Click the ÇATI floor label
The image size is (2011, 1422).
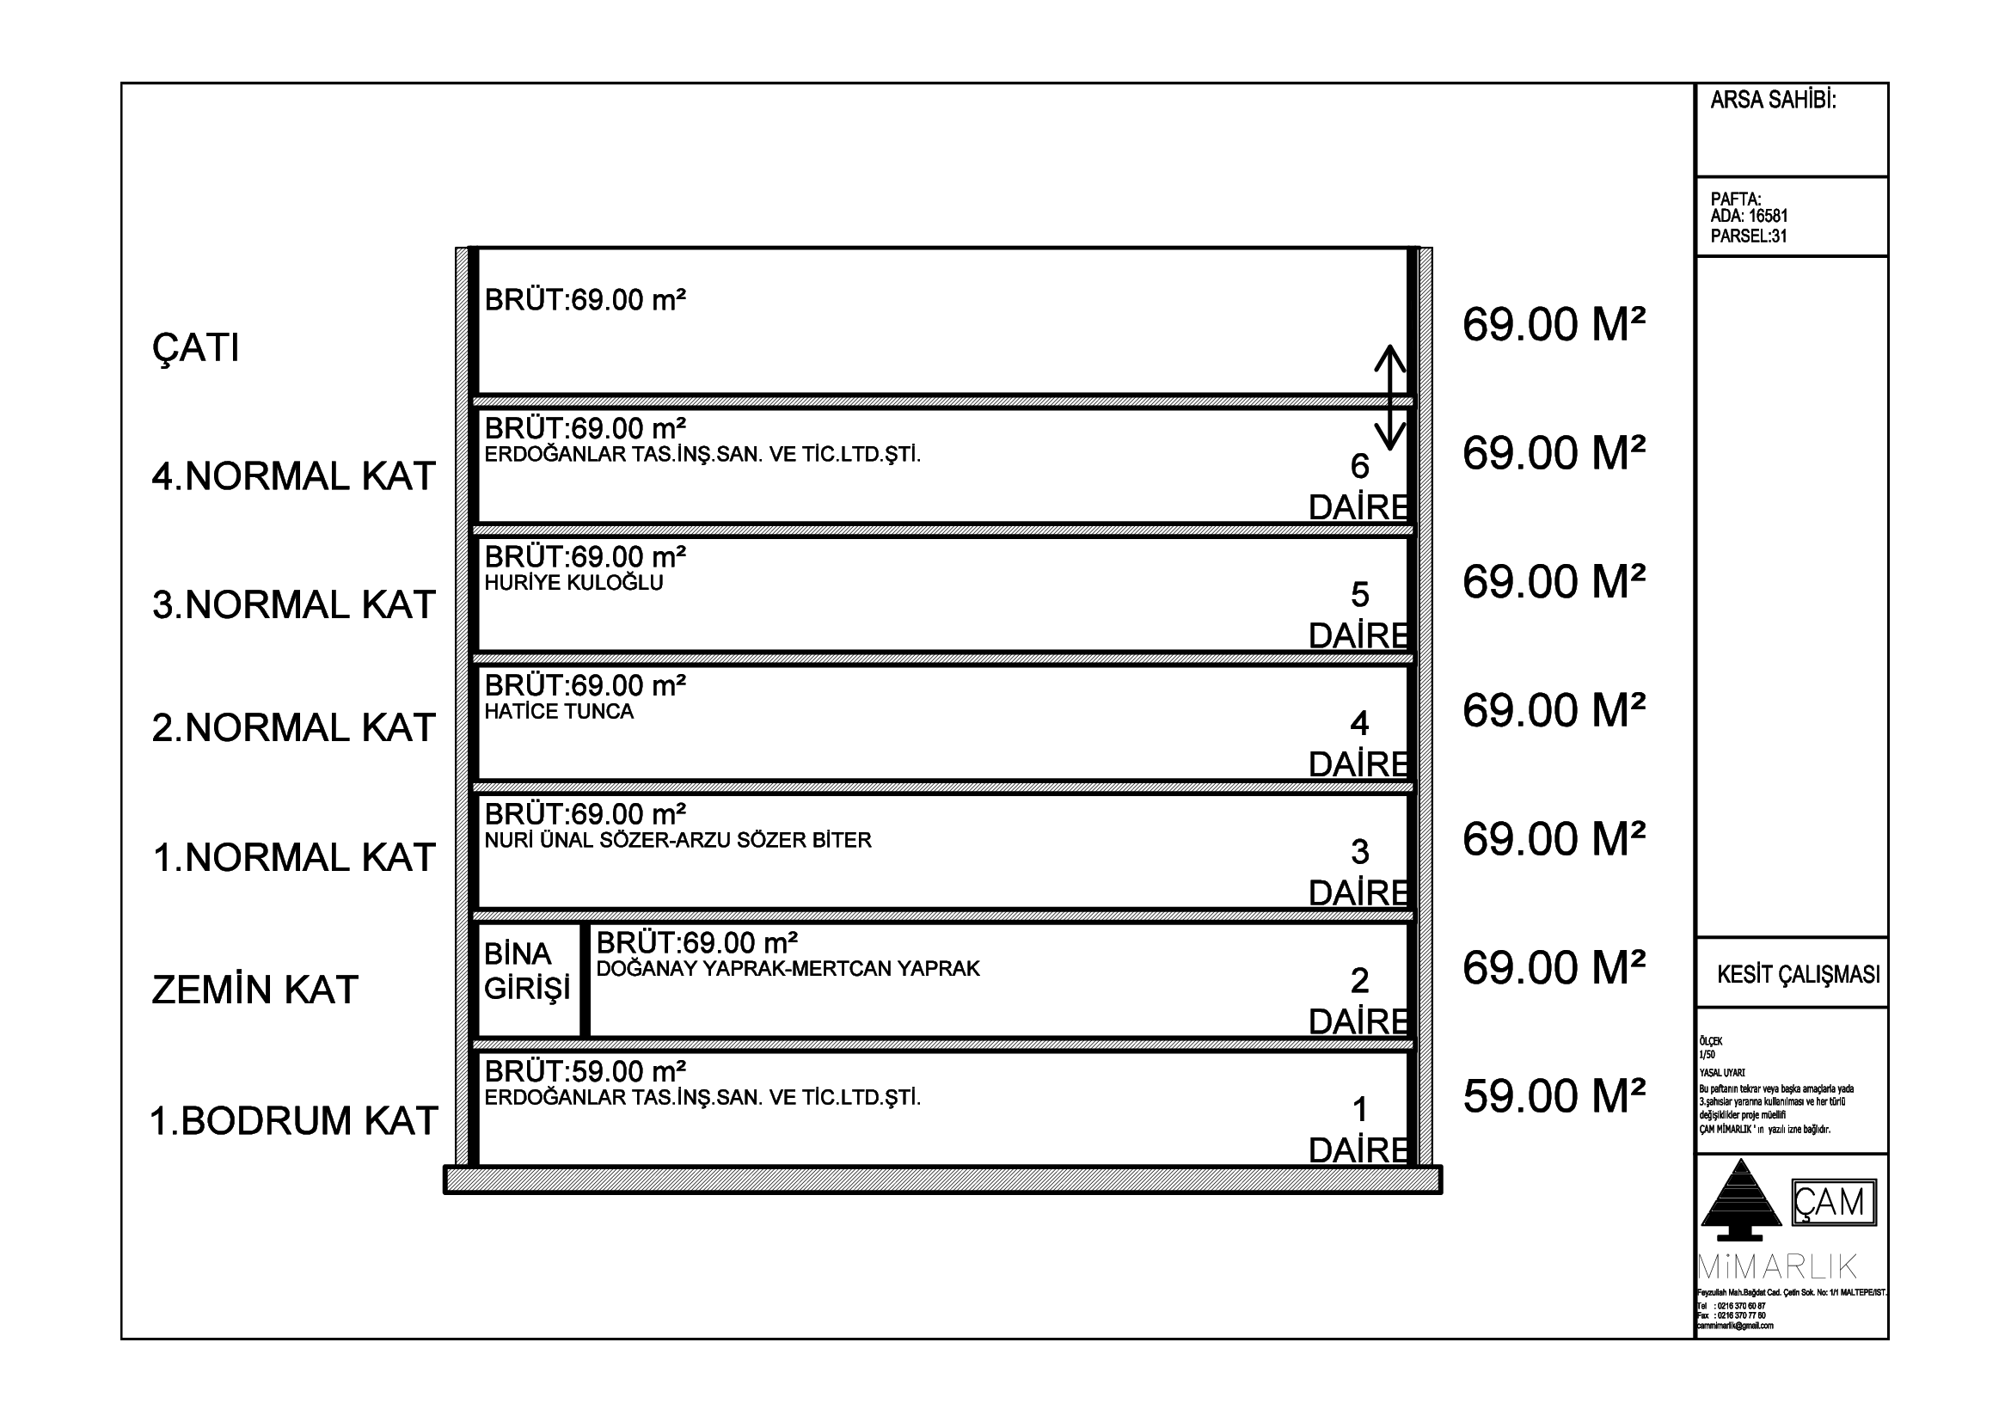click(x=195, y=348)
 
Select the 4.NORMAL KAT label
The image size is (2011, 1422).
click(x=293, y=476)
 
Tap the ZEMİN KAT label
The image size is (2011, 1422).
click(x=254, y=990)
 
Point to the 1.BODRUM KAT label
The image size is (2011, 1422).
click(x=293, y=1122)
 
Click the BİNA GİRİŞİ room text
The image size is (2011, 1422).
click(x=526, y=971)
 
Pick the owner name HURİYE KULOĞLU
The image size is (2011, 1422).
click(x=573, y=583)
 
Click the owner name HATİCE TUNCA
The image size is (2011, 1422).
click(x=559, y=712)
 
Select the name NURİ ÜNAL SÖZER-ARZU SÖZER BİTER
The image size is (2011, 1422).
click(x=677, y=841)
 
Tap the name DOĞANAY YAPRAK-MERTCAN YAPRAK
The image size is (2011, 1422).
click(x=788, y=969)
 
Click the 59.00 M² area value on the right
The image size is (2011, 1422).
click(x=1554, y=1096)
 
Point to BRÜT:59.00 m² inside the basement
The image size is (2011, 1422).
click(x=586, y=1072)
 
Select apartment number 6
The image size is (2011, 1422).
click(x=1359, y=467)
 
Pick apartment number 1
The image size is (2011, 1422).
click(x=1359, y=1110)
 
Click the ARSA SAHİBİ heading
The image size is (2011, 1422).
click(x=1773, y=101)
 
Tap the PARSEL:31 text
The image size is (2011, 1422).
click(x=1748, y=236)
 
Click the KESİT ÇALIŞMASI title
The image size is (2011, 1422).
click(x=1798, y=975)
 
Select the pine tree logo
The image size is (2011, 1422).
click(x=1740, y=1198)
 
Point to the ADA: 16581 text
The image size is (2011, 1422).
click(x=1749, y=217)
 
